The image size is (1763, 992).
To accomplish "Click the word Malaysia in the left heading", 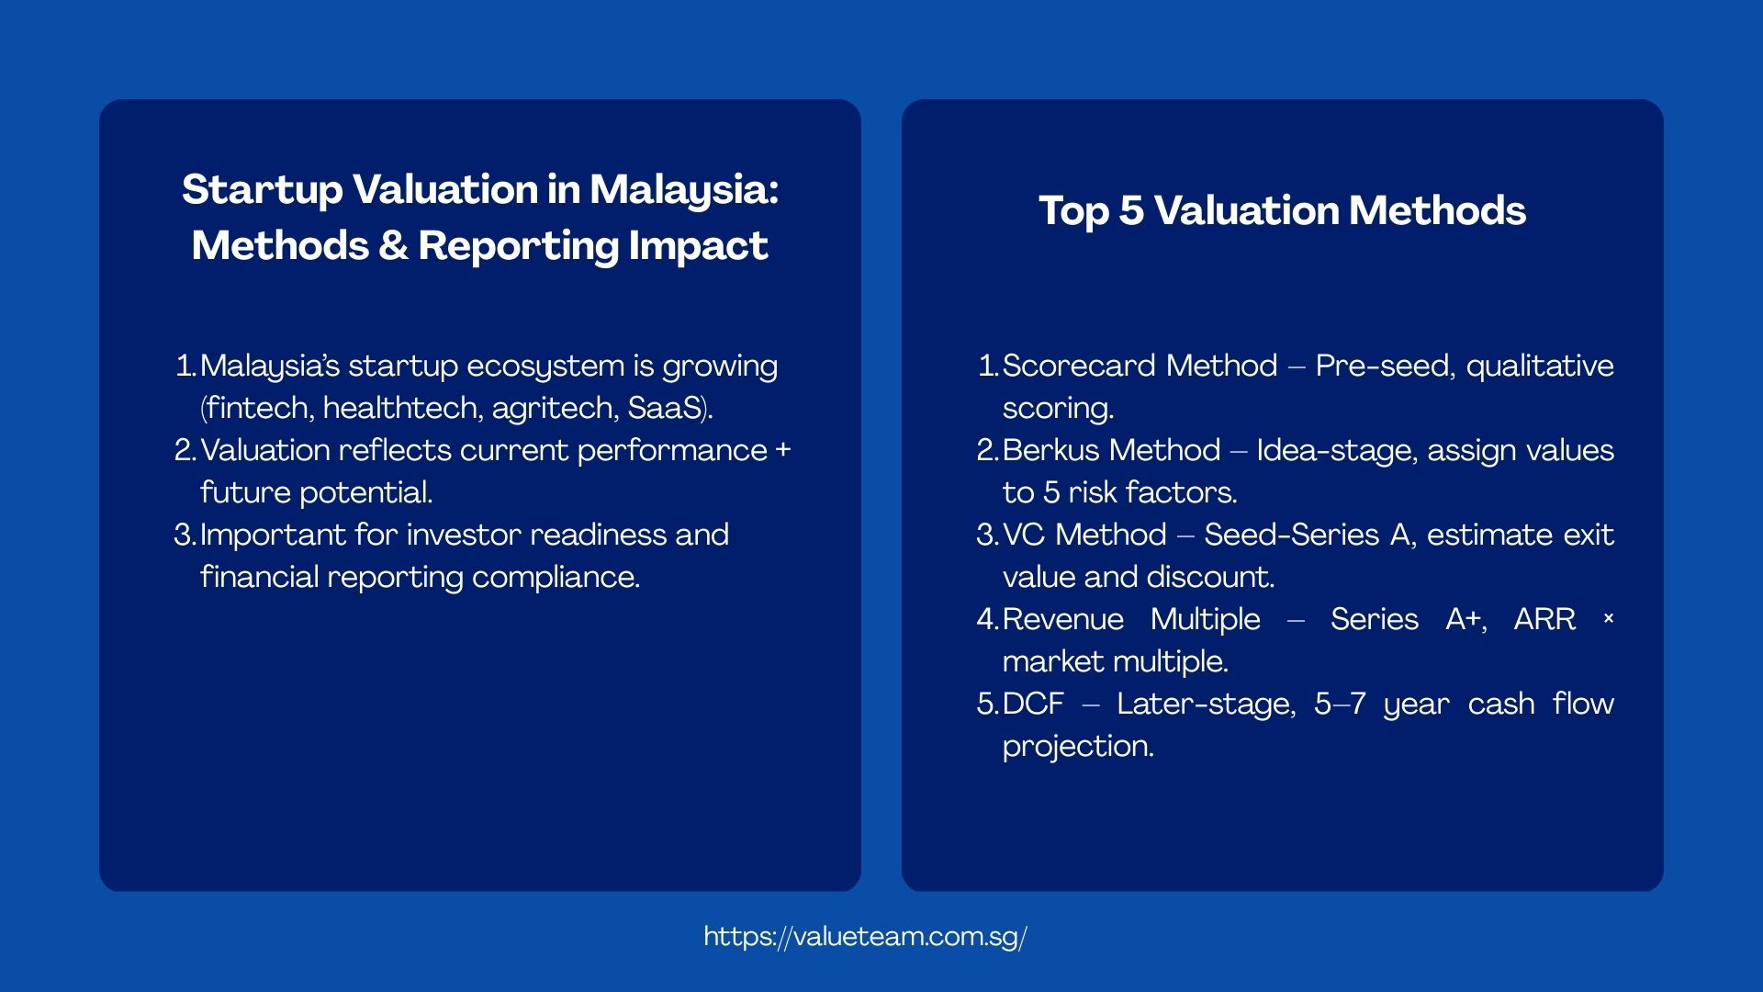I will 683,190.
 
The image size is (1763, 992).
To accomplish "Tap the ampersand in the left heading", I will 393,246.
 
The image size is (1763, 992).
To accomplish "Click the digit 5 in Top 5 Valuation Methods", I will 1130,210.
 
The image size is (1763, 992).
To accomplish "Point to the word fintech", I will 259,408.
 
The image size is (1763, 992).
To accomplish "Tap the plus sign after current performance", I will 783,450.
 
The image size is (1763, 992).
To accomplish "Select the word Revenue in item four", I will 1062,619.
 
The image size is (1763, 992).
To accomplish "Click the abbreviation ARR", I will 1544,619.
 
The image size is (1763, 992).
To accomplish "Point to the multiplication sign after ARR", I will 1608,619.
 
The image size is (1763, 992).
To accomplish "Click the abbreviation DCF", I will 1033,704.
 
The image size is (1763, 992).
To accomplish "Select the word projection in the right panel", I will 1077,746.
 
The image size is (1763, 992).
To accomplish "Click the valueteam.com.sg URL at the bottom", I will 865,936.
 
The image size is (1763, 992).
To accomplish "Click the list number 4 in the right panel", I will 985,619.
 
